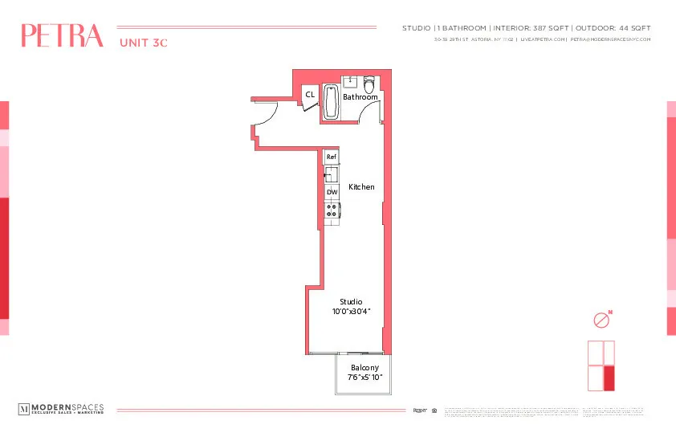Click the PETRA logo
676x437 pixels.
coord(63,36)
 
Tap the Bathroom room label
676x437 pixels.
coord(360,97)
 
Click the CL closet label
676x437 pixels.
coord(309,95)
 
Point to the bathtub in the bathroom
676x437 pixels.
coord(331,103)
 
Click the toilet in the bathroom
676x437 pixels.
coord(369,84)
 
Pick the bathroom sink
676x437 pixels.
coord(350,82)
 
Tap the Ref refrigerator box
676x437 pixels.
coord(331,157)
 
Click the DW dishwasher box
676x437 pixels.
coord(332,193)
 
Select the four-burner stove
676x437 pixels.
coord(332,210)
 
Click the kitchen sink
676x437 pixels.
coord(331,174)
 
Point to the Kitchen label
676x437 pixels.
coord(361,187)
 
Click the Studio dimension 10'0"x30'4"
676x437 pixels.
coord(352,311)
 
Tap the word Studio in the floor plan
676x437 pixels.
coord(351,301)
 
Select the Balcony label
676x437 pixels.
coord(364,367)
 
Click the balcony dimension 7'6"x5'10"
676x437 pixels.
coord(364,377)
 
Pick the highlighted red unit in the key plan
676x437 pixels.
coord(609,378)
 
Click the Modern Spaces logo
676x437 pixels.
coord(61,410)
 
